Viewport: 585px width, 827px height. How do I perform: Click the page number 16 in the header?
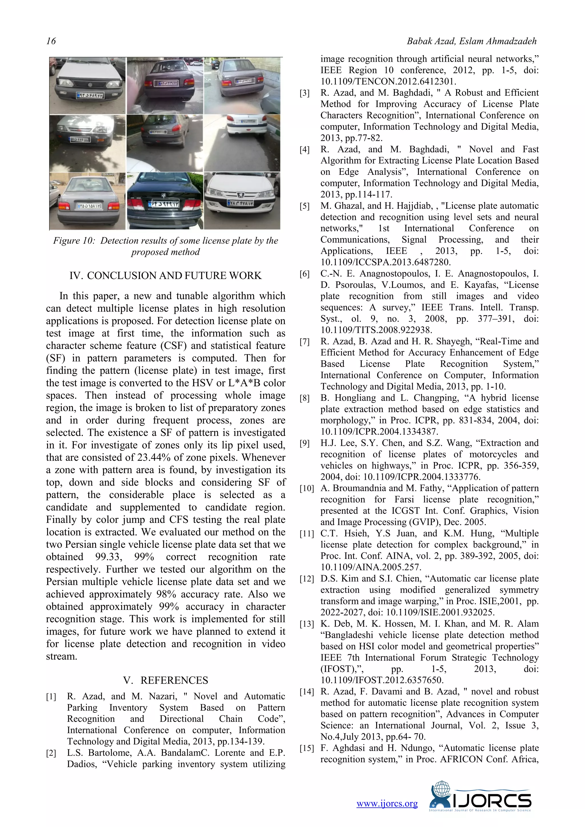click(51, 41)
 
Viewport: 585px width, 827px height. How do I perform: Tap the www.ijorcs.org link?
click(387, 803)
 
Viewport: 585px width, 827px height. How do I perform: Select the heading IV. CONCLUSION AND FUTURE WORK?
click(165, 276)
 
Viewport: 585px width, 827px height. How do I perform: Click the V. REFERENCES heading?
click(165, 680)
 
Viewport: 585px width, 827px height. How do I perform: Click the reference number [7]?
click(304, 342)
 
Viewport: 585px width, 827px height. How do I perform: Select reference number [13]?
click(306, 624)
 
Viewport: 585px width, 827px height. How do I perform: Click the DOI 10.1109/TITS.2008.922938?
click(376, 330)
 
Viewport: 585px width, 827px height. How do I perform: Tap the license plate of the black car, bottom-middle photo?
click(165, 204)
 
